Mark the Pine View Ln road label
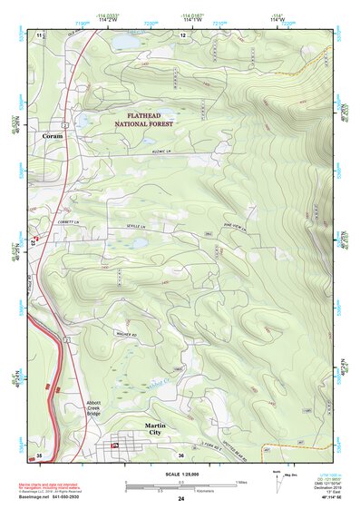[x=234, y=229]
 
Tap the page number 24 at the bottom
[x=180, y=499]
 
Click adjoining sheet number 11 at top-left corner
[x=40, y=34]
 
